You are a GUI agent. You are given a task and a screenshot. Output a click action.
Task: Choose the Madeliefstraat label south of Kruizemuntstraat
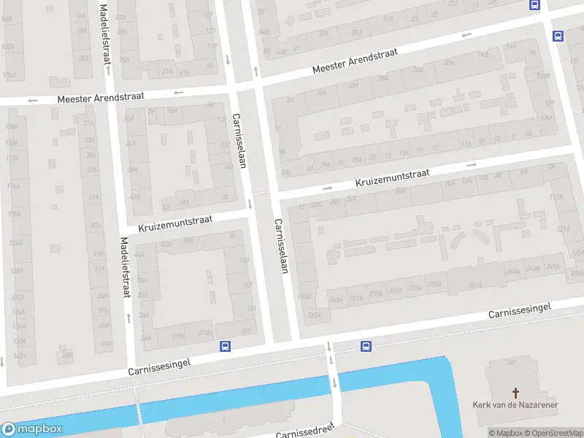point(126,268)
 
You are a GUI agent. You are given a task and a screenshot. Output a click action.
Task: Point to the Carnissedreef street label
point(307,431)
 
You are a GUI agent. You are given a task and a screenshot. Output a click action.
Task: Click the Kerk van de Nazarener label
point(516,404)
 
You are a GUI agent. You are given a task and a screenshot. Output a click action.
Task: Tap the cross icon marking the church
point(517,392)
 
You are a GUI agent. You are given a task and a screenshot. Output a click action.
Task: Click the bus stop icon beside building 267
point(225,347)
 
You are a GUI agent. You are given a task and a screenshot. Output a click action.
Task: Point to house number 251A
point(474,285)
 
